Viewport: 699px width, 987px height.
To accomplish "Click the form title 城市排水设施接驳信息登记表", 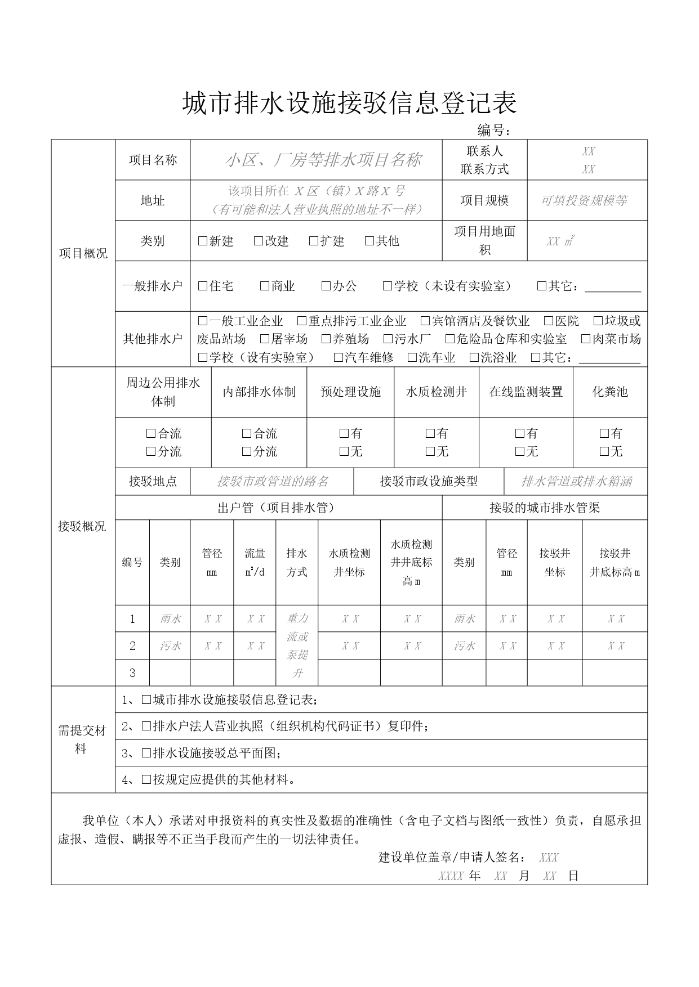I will (349, 104).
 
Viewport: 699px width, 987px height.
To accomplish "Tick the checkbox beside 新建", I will (203, 241).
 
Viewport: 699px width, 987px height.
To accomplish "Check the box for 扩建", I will (314, 241).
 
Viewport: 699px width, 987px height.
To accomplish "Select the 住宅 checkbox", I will (203, 286).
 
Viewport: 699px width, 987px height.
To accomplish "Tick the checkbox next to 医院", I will (549, 321).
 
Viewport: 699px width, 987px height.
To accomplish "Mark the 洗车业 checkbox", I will (413, 358).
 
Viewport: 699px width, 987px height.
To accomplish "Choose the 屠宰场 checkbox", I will (265, 339).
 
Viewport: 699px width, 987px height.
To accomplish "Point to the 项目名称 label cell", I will (153, 160).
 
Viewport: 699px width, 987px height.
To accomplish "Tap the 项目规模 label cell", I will (484, 201).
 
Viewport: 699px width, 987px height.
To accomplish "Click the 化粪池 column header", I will (610, 392).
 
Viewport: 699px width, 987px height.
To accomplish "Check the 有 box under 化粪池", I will (604, 434).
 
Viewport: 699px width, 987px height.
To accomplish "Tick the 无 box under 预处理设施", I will (344, 452).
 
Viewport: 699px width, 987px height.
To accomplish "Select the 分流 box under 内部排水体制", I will (247, 452).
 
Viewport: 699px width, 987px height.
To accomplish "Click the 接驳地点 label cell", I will (153, 482).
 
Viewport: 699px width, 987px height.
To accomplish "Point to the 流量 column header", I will (255, 562).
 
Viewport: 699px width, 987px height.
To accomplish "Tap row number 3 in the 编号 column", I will (132, 673).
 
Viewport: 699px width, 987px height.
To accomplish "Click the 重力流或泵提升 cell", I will (297, 645).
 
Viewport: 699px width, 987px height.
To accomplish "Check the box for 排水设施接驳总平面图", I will (146, 753).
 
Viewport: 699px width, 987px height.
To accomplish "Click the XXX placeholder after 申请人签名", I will (549, 858).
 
